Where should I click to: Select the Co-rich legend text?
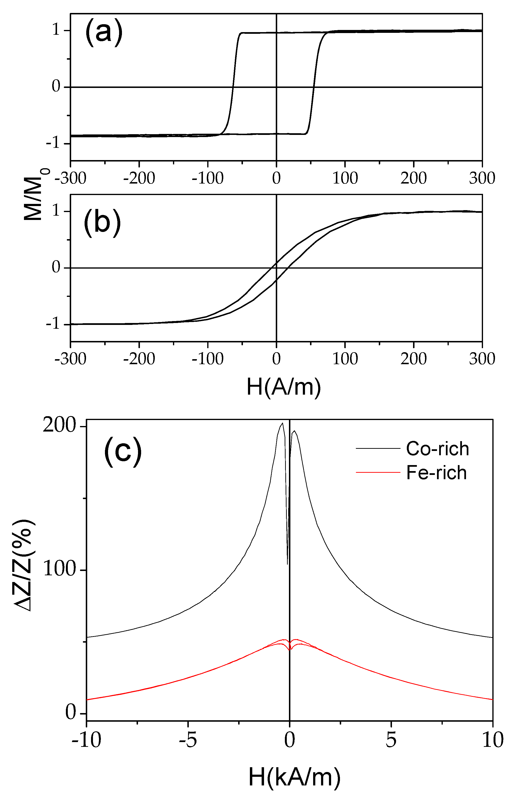click(437, 449)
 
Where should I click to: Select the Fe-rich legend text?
click(436, 473)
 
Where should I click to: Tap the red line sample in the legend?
click(378, 472)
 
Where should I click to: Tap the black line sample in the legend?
click(378, 448)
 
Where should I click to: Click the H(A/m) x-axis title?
click(283, 387)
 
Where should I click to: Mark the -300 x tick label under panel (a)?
click(70, 178)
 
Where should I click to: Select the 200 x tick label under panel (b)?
click(414, 359)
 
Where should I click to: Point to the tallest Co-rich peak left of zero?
click(282, 423)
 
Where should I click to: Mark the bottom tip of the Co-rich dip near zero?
click(288, 565)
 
